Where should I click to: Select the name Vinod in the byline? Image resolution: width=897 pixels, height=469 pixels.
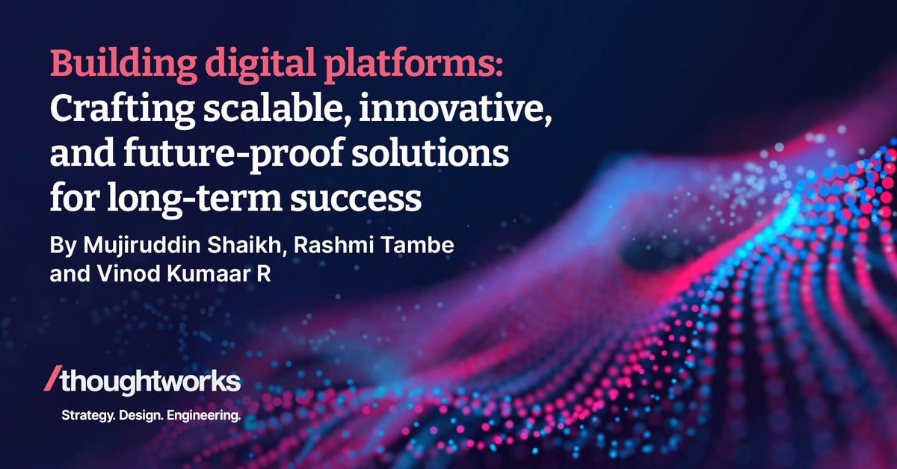point(108,275)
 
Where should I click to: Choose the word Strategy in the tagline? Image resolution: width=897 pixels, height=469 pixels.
point(84,415)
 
